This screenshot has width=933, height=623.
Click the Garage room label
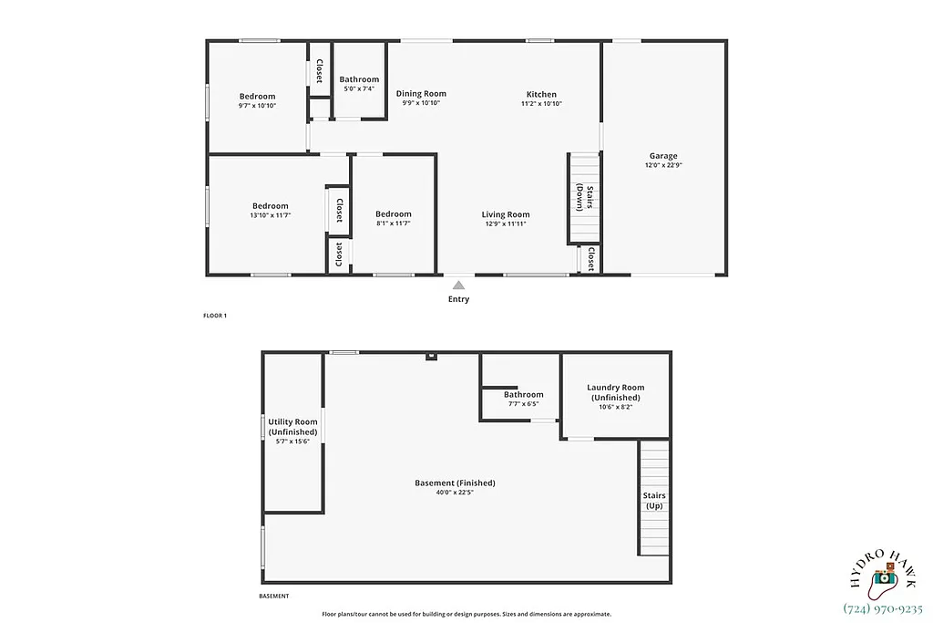pyautogui.click(x=662, y=156)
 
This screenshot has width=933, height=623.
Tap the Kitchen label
pyautogui.click(x=541, y=94)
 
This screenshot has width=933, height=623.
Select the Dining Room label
pyautogui.click(x=421, y=93)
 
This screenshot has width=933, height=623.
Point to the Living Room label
pyautogui.click(x=506, y=214)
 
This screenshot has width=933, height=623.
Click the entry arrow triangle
pyautogui.click(x=459, y=285)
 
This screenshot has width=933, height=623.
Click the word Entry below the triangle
pyautogui.click(x=459, y=299)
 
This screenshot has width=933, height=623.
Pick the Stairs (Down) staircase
pyautogui.click(x=584, y=198)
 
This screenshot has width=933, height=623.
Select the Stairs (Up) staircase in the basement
pyautogui.click(x=654, y=499)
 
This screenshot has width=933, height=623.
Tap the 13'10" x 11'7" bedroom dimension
pyautogui.click(x=270, y=215)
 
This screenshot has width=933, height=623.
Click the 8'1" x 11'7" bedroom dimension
pyautogui.click(x=394, y=223)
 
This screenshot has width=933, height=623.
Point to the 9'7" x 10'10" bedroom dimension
pyautogui.click(x=257, y=106)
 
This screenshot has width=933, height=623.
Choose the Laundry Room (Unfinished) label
pyautogui.click(x=615, y=392)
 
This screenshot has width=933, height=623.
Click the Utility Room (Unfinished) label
pyautogui.click(x=292, y=427)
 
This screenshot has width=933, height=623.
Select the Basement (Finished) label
pyautogui.click(x=455, y=483)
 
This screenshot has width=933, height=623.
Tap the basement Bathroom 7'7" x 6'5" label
pyautogui.click(x=523, y=399)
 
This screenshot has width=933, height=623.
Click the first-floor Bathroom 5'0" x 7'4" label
pyautogui.click(x=359, y=84)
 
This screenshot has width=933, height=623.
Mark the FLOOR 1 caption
pyautogui.click(x=215, y=316)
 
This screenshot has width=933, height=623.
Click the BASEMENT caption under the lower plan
pyautogui.click(x=274, y=597)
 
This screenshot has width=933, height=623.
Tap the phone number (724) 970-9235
pyautogui.click(x=883, y=608)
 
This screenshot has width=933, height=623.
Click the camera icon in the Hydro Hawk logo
pyautogui.click(x=882, y=578)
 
